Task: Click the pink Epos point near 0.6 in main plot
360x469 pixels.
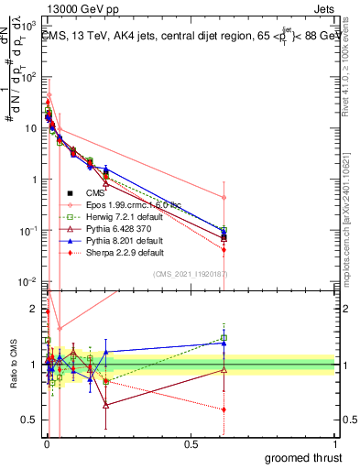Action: coord(224,197)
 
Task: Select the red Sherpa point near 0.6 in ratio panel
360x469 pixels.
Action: coord(224,409)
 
